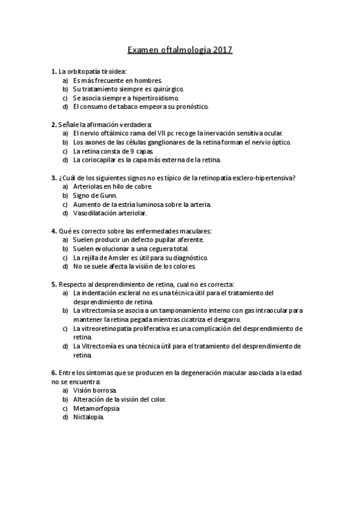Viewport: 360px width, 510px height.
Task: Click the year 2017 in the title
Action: (222, 51)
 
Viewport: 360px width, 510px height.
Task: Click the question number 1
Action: (53, 72)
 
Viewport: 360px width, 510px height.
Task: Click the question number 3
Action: (53, 177)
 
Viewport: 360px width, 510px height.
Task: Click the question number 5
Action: (53, 284)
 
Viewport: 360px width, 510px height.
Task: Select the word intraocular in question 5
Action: (276, 310)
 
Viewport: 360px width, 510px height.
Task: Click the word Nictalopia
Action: (88, 417)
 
